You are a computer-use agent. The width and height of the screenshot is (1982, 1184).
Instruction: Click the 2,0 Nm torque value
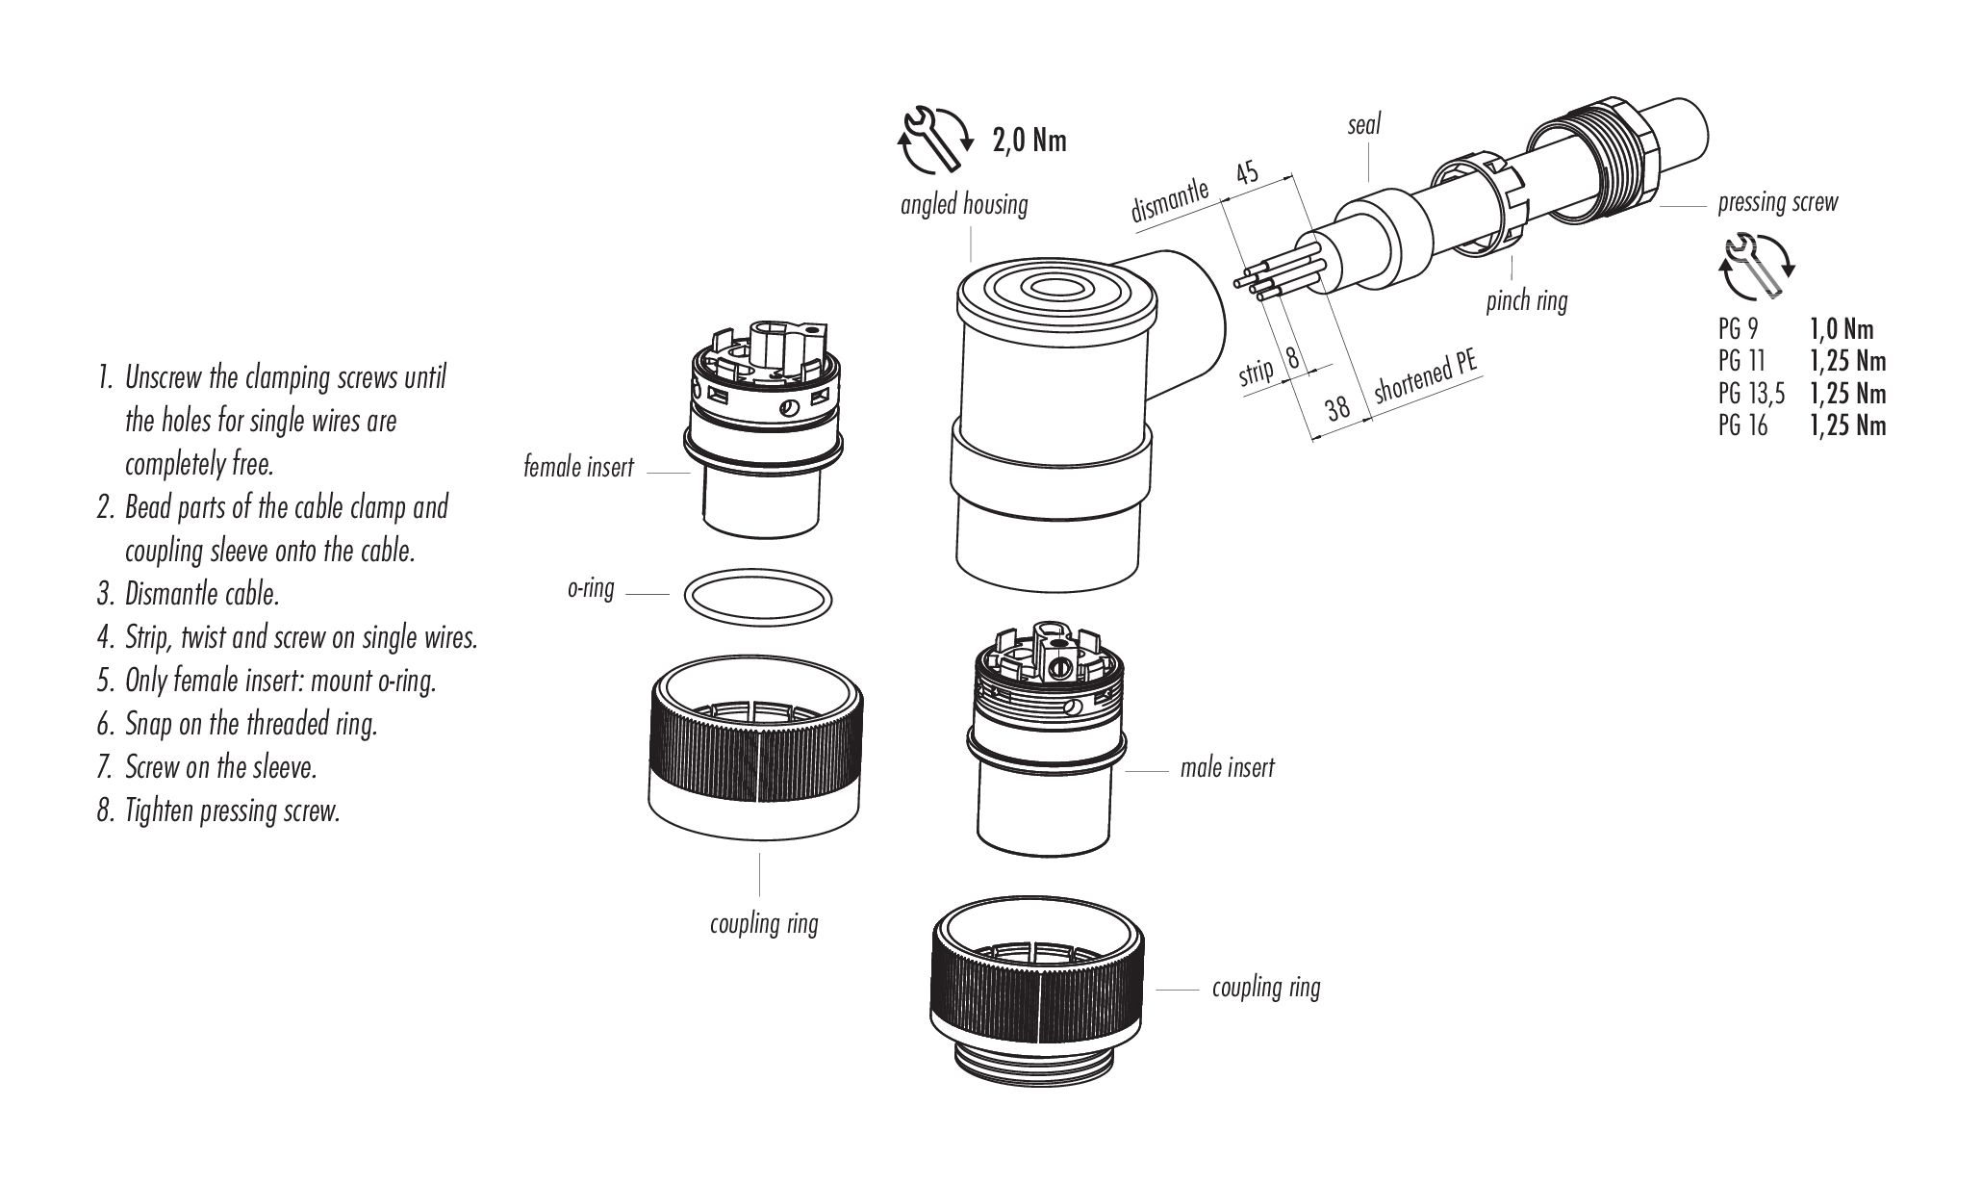[1029, 141]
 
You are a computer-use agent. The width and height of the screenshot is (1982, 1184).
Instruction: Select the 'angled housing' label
[963, 204]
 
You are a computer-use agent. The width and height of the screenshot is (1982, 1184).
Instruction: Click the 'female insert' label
[578, 468]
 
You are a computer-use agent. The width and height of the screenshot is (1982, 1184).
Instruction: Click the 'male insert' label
[1227, 768]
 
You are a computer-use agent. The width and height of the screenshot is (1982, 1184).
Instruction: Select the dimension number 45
[1246, 173]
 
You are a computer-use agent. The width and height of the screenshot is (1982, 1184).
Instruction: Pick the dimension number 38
[1337, 408]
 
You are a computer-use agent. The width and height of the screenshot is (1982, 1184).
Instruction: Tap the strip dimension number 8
[1292, 357]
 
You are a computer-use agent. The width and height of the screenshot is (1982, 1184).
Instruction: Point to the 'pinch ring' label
[1526, 301]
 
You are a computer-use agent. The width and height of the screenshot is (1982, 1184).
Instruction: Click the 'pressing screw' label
[1777, 203]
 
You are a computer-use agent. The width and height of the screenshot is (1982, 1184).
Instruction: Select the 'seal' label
[1363, 124]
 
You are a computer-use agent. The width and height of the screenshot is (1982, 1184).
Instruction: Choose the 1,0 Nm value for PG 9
[1841, 329]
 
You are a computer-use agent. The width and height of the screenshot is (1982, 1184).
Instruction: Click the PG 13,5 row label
[1750, 394]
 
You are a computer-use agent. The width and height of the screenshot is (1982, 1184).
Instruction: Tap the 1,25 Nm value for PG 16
[1846, 425]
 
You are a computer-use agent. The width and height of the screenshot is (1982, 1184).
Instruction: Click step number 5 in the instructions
[105, 682]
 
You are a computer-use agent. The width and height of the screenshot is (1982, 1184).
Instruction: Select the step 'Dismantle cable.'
[202, 594]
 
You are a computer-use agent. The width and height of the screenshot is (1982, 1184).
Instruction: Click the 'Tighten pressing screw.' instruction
[232, 811]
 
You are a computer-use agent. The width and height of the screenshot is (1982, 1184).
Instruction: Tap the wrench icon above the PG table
[1756, 267]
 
